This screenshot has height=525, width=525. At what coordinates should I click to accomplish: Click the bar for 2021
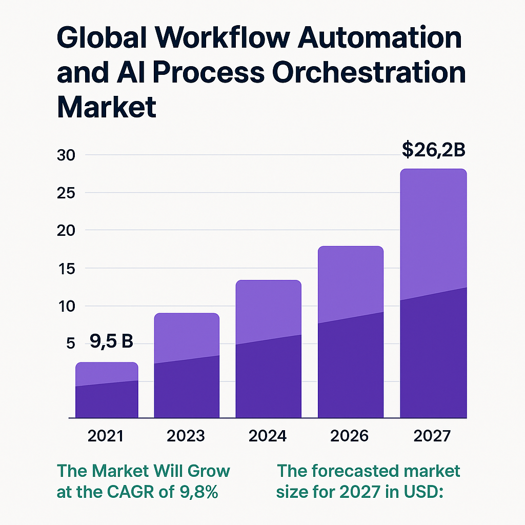coord(107,391)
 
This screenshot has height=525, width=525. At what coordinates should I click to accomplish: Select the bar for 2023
coord(187,366)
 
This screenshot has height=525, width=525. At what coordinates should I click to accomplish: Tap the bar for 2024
coord(268,350)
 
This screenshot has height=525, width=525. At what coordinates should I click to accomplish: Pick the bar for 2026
coord(351,332)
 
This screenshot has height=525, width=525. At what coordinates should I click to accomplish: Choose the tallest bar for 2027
coord(433,294)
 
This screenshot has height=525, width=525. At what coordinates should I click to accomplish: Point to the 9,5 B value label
coord(111,340)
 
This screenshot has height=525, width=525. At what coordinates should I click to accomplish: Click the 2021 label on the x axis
coord(106,436)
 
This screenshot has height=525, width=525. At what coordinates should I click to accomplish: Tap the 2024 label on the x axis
coord(268,436)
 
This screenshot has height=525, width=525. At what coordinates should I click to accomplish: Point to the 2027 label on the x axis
coord(432,436)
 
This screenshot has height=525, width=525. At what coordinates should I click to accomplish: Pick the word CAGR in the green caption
coord(135,492)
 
